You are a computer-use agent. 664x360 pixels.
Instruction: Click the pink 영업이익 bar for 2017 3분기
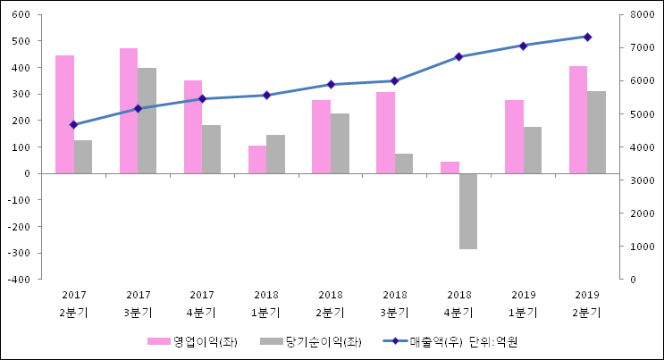tap(129, 111)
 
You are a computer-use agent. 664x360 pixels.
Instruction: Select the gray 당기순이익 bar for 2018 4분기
tap(468, 211)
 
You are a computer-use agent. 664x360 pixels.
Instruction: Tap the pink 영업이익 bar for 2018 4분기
tap(450, 168)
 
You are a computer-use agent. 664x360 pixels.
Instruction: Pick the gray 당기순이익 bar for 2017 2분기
tap(83, 156)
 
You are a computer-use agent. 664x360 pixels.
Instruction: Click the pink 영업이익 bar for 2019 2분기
tap(578, 120)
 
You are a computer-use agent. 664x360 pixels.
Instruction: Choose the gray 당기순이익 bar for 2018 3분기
tap(404, 163)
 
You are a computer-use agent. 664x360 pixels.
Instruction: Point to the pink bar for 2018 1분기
tap(257, 159)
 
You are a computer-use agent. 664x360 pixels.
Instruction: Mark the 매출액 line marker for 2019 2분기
tap(587, 37)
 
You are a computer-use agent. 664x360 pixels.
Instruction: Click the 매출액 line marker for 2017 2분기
tap(73, 125)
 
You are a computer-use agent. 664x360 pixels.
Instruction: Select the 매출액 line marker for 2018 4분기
tap(458, 56)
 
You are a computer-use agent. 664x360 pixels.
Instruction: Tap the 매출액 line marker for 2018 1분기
tap(266, 95)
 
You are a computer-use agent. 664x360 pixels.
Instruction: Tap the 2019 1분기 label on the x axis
tap(523, 303)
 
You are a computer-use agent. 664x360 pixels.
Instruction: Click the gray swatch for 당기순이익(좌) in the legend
tap(269, 342)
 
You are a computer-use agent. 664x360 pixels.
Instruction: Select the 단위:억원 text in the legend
tap(493, 342)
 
